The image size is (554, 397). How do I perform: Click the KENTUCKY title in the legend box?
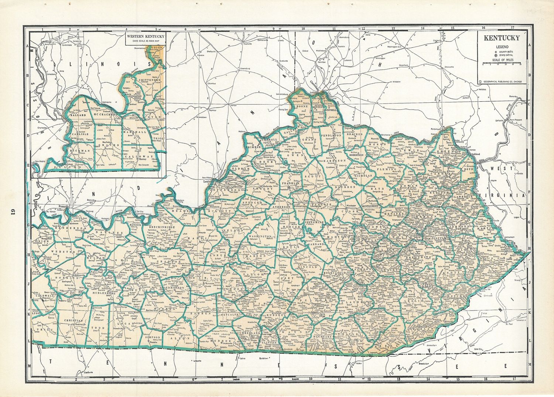point(502,38)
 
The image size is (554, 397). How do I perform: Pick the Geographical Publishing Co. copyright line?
point(502,82)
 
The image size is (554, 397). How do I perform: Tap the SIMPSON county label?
point(153,337)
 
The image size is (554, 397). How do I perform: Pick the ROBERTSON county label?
point(358,156)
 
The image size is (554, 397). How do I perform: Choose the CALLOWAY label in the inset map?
point(143,156)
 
